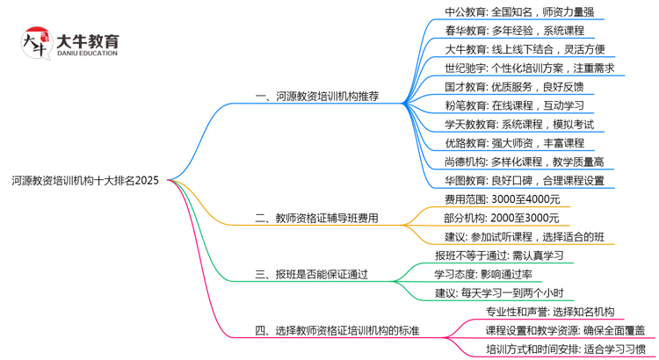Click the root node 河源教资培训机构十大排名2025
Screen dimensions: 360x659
[x=85, y=181]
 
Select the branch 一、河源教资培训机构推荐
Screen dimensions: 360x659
[x=316, y=97]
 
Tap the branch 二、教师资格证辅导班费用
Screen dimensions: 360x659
[x=316, y=218]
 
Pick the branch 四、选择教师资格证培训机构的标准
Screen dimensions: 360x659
[x=337, y=330]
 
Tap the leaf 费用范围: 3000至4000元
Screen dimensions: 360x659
[x=502, y=199]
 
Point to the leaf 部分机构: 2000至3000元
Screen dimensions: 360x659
[x=502, y=218]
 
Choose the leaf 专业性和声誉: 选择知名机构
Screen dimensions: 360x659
[x=550, y=312]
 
